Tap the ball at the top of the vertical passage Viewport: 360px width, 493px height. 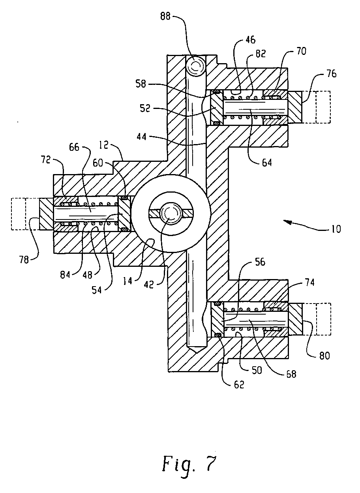click(195, 66)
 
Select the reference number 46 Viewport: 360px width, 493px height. click(250, 40)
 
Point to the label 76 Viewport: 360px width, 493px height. click(331, 74)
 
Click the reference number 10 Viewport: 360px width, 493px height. click(335, 229)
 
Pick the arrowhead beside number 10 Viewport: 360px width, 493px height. click(287, 221)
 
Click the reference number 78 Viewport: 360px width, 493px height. click(24, 260)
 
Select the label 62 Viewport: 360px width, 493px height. click(239, 384)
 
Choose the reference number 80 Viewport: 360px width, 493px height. click(324, 356)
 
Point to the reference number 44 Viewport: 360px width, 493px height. click(142, 137)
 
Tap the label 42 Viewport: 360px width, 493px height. click(148, 285)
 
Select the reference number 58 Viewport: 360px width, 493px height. click(141, 84)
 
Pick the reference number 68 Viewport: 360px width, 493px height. click(291, 374)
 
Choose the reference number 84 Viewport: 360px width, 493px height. click(65, 275)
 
